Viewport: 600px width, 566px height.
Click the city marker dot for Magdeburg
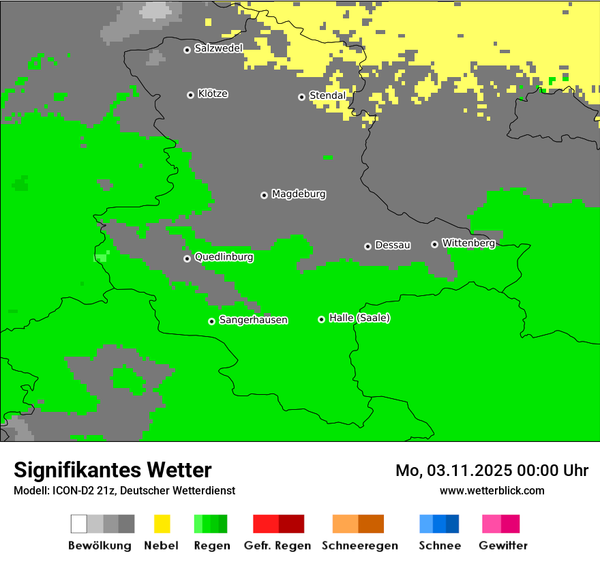pos(264,195)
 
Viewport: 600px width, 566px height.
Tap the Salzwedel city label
pos(218,48)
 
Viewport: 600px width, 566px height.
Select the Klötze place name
pos(213,94)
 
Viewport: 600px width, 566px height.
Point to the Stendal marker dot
pos(301,97)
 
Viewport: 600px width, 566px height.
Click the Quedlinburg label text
pos(224,258)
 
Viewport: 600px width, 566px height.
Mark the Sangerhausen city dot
pos(211,321)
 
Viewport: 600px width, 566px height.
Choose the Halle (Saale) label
pos(359,318)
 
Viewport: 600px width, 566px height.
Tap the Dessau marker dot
pos(367,246)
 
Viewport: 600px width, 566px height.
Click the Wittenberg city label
pos(468,243)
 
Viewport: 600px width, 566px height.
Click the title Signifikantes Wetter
pos(112,471)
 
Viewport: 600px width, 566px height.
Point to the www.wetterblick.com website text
pos(492,490)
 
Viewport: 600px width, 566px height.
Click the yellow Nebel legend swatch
pos(162,524)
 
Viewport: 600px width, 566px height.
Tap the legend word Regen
pos(211,546)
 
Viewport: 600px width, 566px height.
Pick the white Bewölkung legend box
pos(79,524)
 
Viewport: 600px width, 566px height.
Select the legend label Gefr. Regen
pos(277,546)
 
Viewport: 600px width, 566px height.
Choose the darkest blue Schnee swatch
pos(453,524)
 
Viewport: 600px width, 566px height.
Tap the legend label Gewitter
pos(503,546)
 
